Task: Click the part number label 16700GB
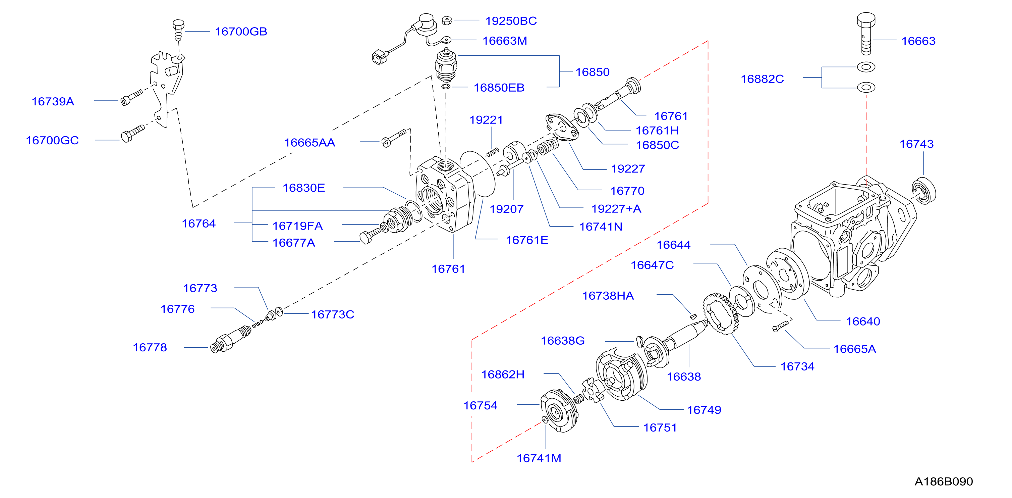pos(241,32)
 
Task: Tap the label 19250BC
pos(511,21)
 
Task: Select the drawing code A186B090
pos(944,482)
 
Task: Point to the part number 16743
pos(916,144)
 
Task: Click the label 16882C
pos(762,79)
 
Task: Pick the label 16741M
pos(539,458)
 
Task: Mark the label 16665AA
pos(310,143)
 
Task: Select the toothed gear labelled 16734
pos(721,314)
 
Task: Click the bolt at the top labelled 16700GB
pos(178,30)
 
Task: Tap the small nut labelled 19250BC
pos(447,20)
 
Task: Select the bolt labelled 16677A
pos(370,236)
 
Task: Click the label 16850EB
pos(499,88)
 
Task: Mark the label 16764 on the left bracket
pos(199,223)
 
